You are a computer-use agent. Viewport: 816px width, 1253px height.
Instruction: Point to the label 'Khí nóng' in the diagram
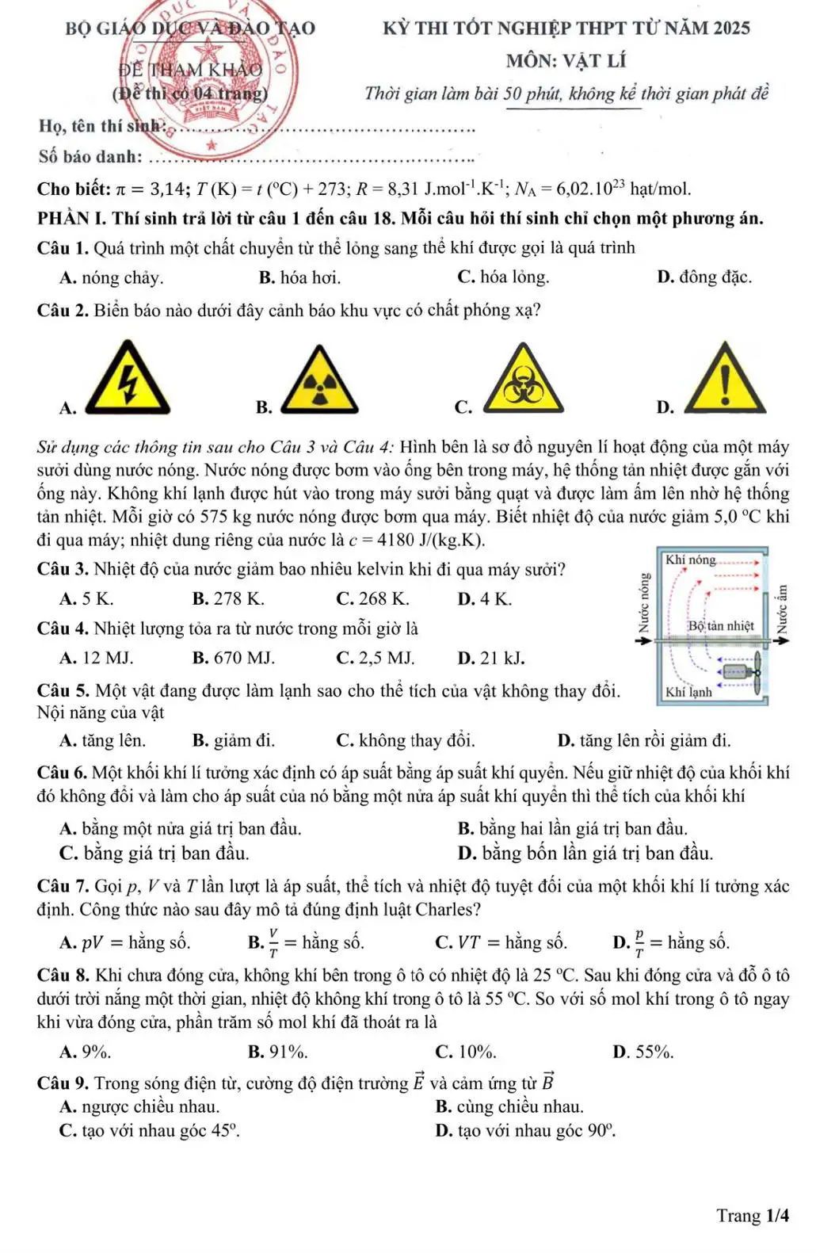[x=690, y=560]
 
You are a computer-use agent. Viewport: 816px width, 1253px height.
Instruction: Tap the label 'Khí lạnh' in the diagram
[x=688, y=692]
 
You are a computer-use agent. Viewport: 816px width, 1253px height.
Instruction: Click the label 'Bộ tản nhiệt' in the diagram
[x=720, y=626]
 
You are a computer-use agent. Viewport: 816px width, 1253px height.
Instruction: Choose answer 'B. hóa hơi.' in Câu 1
[x=299, y=277]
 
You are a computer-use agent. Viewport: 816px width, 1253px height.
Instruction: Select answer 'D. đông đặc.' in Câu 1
[x=704, y=277]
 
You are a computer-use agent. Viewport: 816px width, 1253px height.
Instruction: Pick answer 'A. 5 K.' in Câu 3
[x=86, y=598]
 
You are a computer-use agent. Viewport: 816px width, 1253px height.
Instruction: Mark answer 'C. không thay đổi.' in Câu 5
[x=406, y=741]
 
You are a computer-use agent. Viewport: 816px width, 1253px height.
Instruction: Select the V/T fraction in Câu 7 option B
[x=274, y=943]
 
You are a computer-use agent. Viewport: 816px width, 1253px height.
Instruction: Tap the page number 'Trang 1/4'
[x=753, y=1216]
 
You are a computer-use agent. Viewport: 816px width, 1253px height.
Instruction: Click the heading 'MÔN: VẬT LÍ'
[x=566, y=61]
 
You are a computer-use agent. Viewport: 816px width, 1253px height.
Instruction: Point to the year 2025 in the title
[x=731, y=29]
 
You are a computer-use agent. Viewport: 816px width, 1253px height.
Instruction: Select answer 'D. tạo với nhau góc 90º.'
[x=525, y=1131]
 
